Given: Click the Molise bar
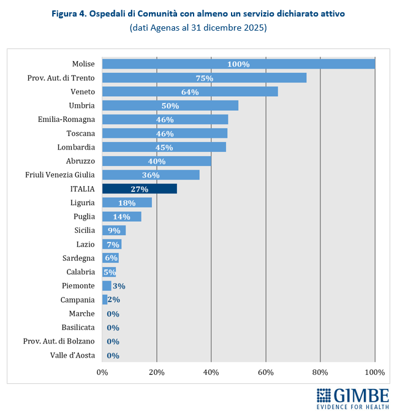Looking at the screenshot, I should pyautogui.click(x=238, y=64).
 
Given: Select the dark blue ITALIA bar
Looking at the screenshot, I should pyautogui.click(x=139, y=189).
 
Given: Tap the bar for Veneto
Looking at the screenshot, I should pyautogui.click(x=190, y=92).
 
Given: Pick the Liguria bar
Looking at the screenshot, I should pyautogui.click(x=127, y=202).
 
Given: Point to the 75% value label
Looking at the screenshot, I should pyautogui.click(x=204, y=78).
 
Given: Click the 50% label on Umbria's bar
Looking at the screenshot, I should pyautogui.click(x=170, y=105).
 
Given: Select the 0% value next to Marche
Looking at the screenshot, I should pyautogui.click(x=113, y=314).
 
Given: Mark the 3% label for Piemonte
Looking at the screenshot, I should pyautogui.click(x=118, y=286).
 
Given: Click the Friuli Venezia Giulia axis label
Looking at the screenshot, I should pyautogui.click(x=60, y=175).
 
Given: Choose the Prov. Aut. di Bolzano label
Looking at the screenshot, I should pyautogui.click(x=59, y=341).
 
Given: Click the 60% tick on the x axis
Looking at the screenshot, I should pyautogui.click(x=265, y=372).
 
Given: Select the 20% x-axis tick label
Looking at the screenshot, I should pyautogui.click(x=157, y=372).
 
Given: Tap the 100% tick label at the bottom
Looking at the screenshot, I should pyautogui.click(x=374, y=372).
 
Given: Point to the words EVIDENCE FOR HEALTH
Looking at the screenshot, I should pyautogui.click(x=353, y=407).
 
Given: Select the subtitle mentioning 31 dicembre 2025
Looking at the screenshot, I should pyautogui.click(x=198, y=28).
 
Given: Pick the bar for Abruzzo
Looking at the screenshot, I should pyautogui.click(x=157, y=161).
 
